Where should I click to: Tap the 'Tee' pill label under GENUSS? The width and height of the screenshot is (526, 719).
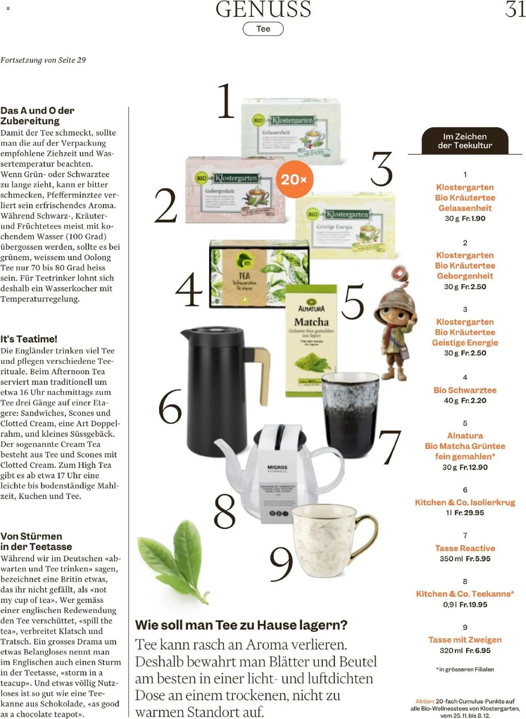[263, 29]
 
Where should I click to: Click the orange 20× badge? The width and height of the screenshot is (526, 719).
[294, 179]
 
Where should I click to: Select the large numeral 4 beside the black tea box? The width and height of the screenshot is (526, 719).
[189, 289]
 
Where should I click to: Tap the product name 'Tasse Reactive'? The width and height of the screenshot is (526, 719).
[465, 548]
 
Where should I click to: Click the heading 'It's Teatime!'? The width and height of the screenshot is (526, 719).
[29, 339]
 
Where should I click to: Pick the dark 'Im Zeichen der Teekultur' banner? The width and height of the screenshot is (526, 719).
[465, 141]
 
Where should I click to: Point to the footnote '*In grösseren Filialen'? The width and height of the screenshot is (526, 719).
[465, 669]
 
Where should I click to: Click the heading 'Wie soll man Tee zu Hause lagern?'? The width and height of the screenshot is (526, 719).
[241, 625]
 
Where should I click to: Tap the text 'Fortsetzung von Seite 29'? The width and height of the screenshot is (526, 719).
[43, 60]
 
